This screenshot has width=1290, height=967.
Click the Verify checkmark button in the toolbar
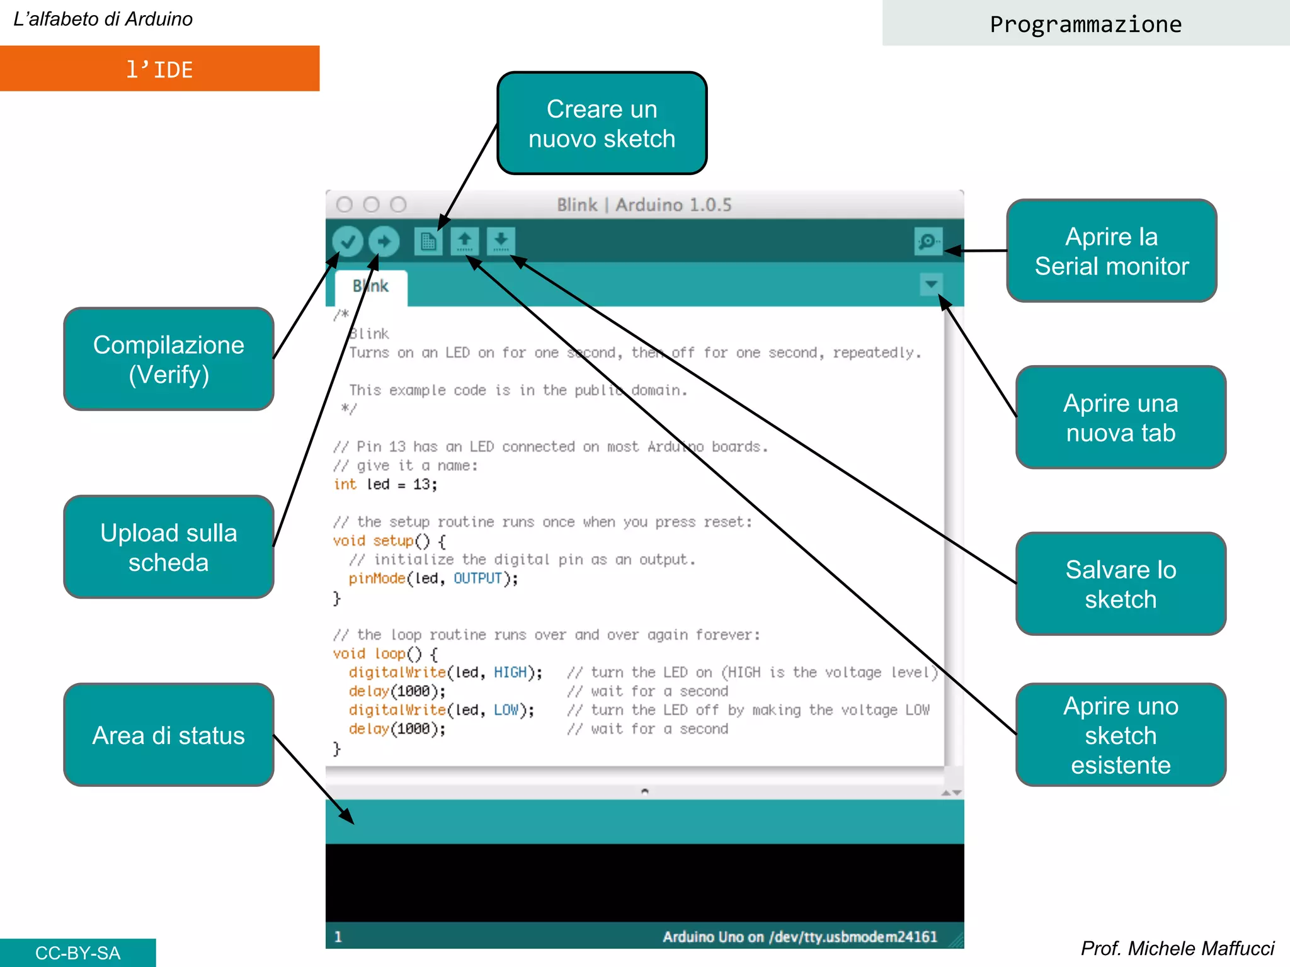coord(348,241)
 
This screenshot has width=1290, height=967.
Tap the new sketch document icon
coord(428,241)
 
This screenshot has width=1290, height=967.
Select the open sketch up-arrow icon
coord(465,241)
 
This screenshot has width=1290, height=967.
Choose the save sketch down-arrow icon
coord(501,241)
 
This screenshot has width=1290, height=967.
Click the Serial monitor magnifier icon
coord(928,241)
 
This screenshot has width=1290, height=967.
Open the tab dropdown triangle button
coord(931,284)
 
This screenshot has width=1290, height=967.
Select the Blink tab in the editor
coord(371,286)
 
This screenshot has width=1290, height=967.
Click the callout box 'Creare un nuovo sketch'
coord(602,123)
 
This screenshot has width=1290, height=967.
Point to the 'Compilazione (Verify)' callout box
coord(169,359)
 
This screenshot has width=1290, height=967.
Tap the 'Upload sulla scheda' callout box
coord(169,547)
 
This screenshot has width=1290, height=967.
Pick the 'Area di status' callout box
coord(169,735)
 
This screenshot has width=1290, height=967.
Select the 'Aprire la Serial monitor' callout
coord(1112,251)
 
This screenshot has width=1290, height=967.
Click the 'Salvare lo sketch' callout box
coord(1121,584)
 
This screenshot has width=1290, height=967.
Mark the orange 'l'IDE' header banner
coord(159,69)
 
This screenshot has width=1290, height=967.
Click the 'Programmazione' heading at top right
coord(1085,24)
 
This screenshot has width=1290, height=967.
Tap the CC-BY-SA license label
coord(77,953)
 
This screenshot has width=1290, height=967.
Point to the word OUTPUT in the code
coord(477,578)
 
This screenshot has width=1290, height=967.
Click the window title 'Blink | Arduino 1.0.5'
coord(644,205)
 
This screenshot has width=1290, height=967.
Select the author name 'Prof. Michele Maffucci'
coord(1177,948)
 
